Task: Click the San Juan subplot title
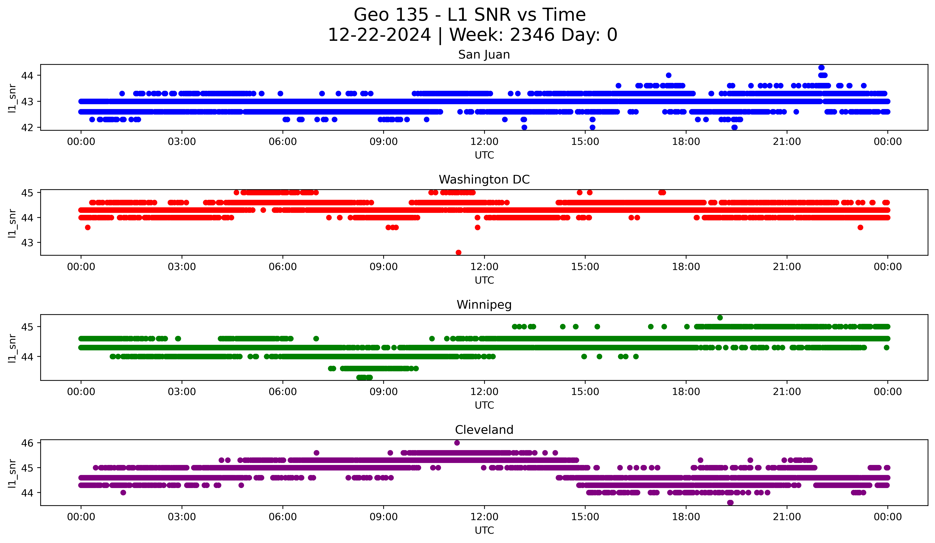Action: [x=484, y=55]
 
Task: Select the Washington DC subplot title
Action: [x=484, y=180]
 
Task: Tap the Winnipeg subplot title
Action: [x=484, y=305]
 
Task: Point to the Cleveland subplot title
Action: [x=484, y=430]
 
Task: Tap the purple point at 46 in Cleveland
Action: [x=457, y=443]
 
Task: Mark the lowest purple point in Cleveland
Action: [x=730, y=503]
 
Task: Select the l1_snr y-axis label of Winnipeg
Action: [x=12, y=348]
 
